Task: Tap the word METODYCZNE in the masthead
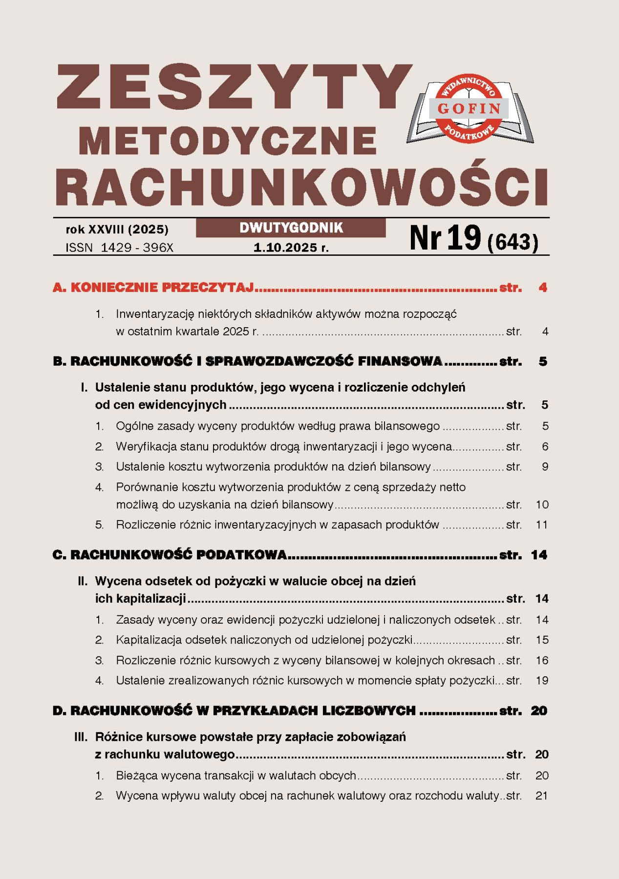228,141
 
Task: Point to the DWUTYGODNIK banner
291,228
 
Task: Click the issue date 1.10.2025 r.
291,248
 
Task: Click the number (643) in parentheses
513,242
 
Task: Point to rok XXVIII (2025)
117,229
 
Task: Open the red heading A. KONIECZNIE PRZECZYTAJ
153,287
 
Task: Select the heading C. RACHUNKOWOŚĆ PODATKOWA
170,555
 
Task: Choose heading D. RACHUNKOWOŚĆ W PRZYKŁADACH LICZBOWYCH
234,711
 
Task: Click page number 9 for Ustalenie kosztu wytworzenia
545,467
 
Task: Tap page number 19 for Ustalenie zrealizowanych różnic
542,680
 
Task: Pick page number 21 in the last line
541,795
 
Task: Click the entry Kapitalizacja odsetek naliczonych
264,640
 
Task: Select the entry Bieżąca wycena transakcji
235,775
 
